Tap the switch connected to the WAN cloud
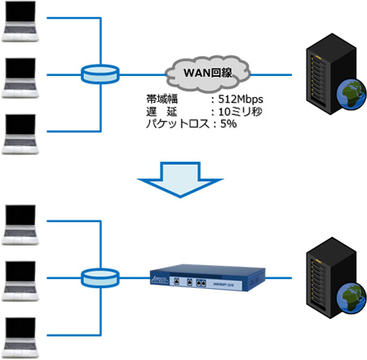point(99,73)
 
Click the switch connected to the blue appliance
point(99,280)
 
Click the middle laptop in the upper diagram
point(21,75)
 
